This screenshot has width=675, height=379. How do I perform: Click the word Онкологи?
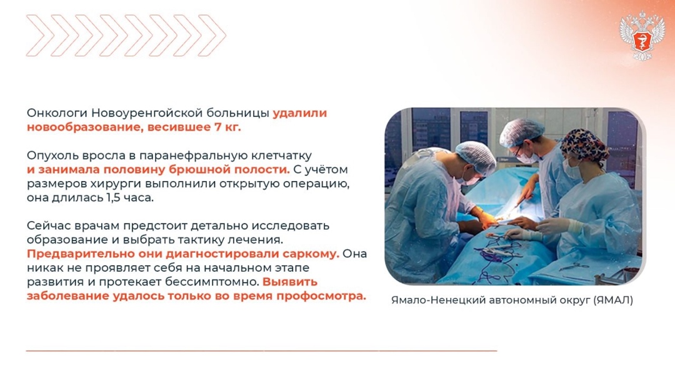tap(57, 114)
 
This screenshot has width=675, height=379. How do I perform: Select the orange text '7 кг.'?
tap(227, 127)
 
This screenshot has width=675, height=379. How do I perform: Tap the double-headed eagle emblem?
tap(642, 36)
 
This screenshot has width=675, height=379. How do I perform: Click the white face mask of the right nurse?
tap(572, 169)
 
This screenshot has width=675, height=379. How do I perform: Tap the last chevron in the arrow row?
tap(213, 36)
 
